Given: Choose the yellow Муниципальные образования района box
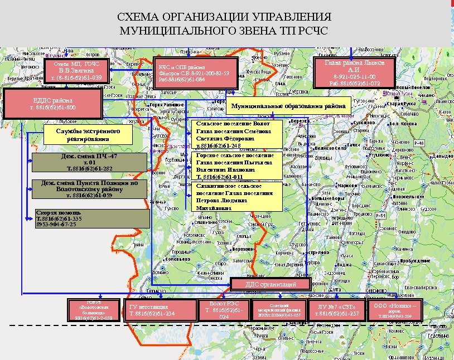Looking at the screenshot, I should [x=288, y=106].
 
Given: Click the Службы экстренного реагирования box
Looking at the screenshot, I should [x=88, y=134].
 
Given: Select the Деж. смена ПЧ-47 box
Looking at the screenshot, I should [x=89, y=162].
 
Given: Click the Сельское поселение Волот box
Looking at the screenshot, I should [x=234, y=134].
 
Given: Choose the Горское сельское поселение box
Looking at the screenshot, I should [x=234, y=166].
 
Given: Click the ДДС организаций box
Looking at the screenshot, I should [x=271, y=285].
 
